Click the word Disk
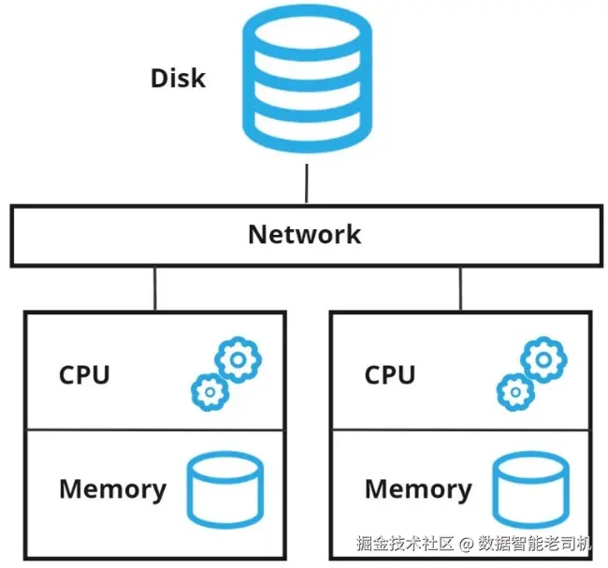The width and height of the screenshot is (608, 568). point(178,78)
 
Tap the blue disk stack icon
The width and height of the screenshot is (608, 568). point(306,81)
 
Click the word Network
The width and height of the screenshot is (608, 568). point(304,233)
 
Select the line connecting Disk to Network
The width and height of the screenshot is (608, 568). point(306,182)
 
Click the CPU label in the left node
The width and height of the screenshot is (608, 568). point(84,375)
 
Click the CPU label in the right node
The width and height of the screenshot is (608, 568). point(390,375)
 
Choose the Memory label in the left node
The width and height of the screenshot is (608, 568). point(112,488)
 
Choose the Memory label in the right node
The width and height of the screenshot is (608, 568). point(418,488)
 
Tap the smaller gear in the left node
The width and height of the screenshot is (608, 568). point(209,391)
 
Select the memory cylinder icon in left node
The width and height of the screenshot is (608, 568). point(224,489)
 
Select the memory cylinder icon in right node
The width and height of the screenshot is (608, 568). point(528,489)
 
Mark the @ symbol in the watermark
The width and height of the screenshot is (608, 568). point(465,544)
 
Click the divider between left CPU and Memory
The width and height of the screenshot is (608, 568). point(155,430)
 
